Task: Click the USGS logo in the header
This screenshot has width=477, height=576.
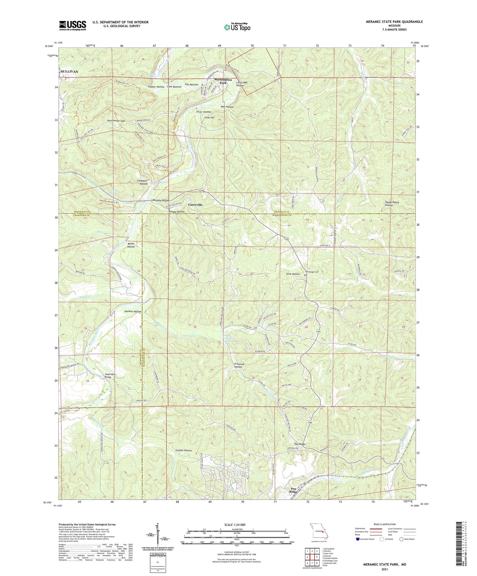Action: [73, 25]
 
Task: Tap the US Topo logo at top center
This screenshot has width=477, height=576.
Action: [237, 27]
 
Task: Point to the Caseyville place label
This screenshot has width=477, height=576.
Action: [195, 205]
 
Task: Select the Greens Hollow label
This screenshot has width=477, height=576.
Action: [184, 450]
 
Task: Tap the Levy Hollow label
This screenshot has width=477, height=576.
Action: [293, 274]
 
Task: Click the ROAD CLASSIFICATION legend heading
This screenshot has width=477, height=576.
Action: [385, 525]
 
